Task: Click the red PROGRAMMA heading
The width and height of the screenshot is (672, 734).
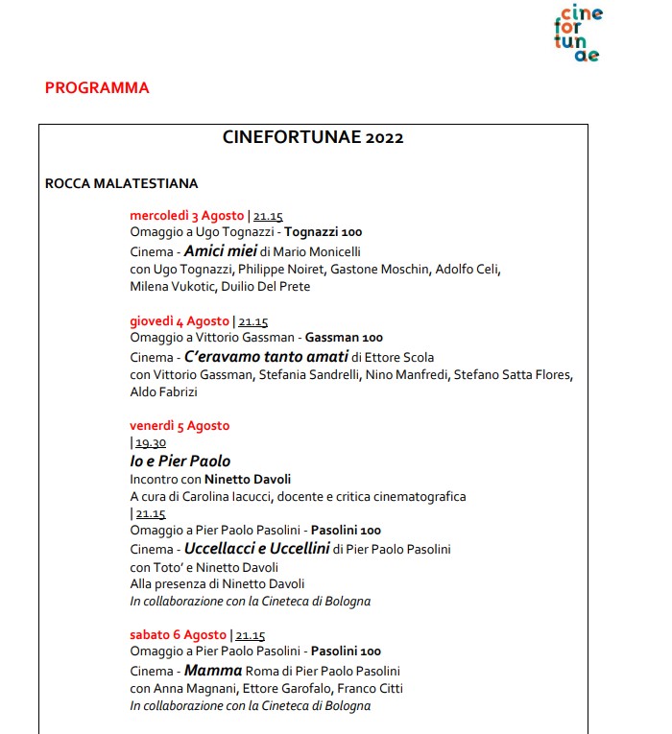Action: point(97,88)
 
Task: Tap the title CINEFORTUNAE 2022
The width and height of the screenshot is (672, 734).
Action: point(313,137)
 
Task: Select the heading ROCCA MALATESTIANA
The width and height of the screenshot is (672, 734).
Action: point(121,183)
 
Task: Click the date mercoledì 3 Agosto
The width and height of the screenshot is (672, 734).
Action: point(187,216)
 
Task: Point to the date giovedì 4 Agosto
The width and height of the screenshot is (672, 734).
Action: point(180,321)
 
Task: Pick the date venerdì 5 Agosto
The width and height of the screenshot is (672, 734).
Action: point(180,426)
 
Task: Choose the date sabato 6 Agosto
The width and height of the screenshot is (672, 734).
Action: point(179,635)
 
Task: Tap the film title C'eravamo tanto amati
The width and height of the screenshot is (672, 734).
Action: point(266,357)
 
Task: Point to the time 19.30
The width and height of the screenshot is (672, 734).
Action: point(151,443)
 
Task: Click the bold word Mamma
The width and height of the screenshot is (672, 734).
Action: point(213,671)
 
